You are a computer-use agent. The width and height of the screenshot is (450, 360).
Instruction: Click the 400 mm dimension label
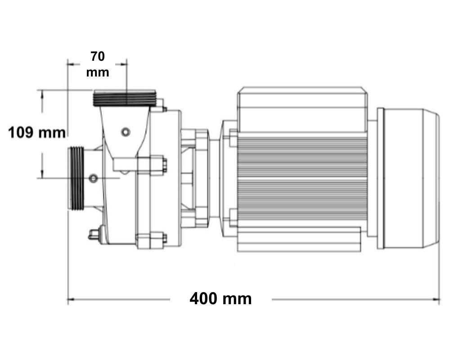(220, 299)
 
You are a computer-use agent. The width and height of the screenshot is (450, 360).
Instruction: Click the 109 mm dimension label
(37, 133)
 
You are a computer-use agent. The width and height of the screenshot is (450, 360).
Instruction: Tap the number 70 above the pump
(98, 56)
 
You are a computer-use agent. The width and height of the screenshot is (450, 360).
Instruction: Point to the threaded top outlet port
(125, 98)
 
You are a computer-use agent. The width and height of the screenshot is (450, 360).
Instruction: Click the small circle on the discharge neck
(126, 132)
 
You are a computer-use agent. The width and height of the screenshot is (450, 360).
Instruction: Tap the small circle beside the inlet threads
(93, 178)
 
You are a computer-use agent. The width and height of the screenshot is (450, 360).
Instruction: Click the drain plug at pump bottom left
(94, 235)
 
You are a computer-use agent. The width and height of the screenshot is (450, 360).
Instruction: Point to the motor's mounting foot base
(299, 239)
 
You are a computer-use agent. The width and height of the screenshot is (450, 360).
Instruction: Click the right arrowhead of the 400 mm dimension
(436, 300)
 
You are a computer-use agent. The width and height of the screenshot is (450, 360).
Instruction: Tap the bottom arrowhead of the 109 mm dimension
(42, 174)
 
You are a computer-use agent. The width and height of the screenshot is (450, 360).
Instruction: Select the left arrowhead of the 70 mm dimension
(71, 65)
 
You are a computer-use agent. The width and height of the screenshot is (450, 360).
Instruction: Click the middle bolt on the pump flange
(152, 165)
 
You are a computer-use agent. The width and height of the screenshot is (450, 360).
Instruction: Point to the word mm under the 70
(98, 72)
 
